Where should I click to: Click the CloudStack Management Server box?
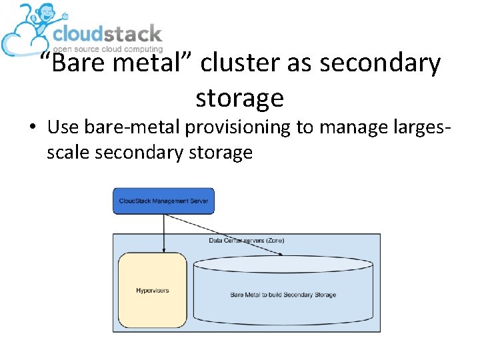(x=163, y=201)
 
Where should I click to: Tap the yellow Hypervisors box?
(x=153, y=290)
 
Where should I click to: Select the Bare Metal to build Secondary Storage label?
(x=283, y=294)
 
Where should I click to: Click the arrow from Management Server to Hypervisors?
(x=163, y=233)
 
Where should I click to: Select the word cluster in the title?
(x=241, y=64)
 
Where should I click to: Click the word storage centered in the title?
(x=239, y=98)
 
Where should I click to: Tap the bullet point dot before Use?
(x=33, y=127)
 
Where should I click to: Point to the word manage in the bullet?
(x=351, y=127)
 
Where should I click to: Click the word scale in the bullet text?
(x=69, y=153)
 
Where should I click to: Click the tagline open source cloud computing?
(x=108, y=49)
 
